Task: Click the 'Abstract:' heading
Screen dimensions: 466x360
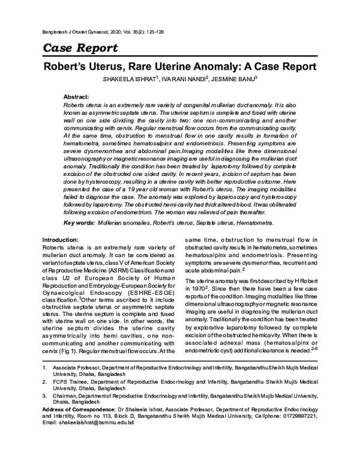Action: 76,97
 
